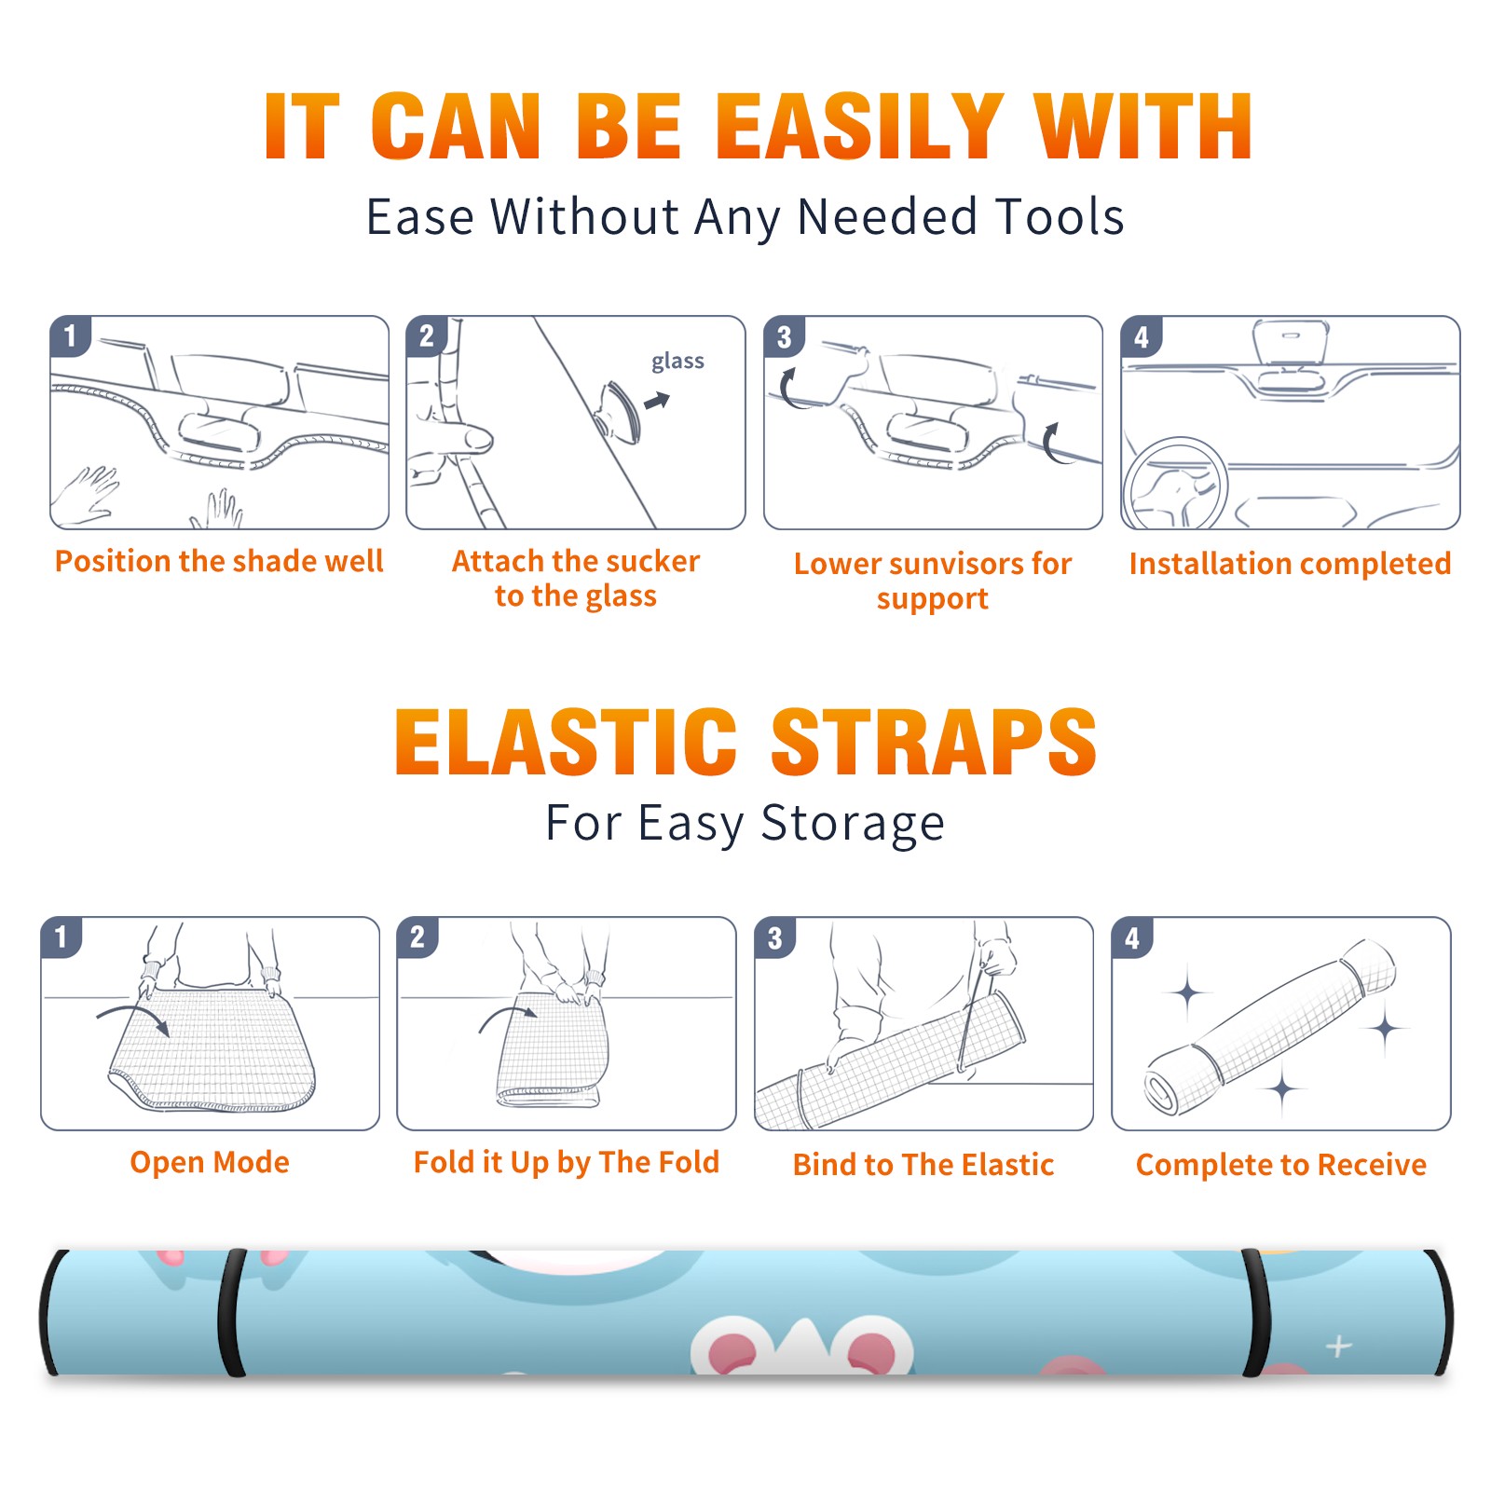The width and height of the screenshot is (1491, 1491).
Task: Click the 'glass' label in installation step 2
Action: point(677,362)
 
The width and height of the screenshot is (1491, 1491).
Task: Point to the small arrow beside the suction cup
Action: point(658,401)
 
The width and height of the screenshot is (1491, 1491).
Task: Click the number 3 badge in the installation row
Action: point(785,336)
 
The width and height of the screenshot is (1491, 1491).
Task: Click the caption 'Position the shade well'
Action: point(219,561)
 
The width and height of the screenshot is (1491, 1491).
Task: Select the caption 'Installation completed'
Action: point(1290,563)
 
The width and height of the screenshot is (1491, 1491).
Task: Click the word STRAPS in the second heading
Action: point(934,742)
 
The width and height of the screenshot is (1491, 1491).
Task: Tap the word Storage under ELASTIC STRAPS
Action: point(853,824)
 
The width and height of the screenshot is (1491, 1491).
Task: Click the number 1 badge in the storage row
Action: point(62,937)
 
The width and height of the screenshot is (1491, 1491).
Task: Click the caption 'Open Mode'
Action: point(210,1162)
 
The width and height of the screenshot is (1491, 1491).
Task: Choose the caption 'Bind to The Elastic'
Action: point(923,1165)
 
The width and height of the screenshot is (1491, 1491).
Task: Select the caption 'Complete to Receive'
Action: point(1281,1165)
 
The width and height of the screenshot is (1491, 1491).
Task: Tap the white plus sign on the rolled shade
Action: point(1339,1347)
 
